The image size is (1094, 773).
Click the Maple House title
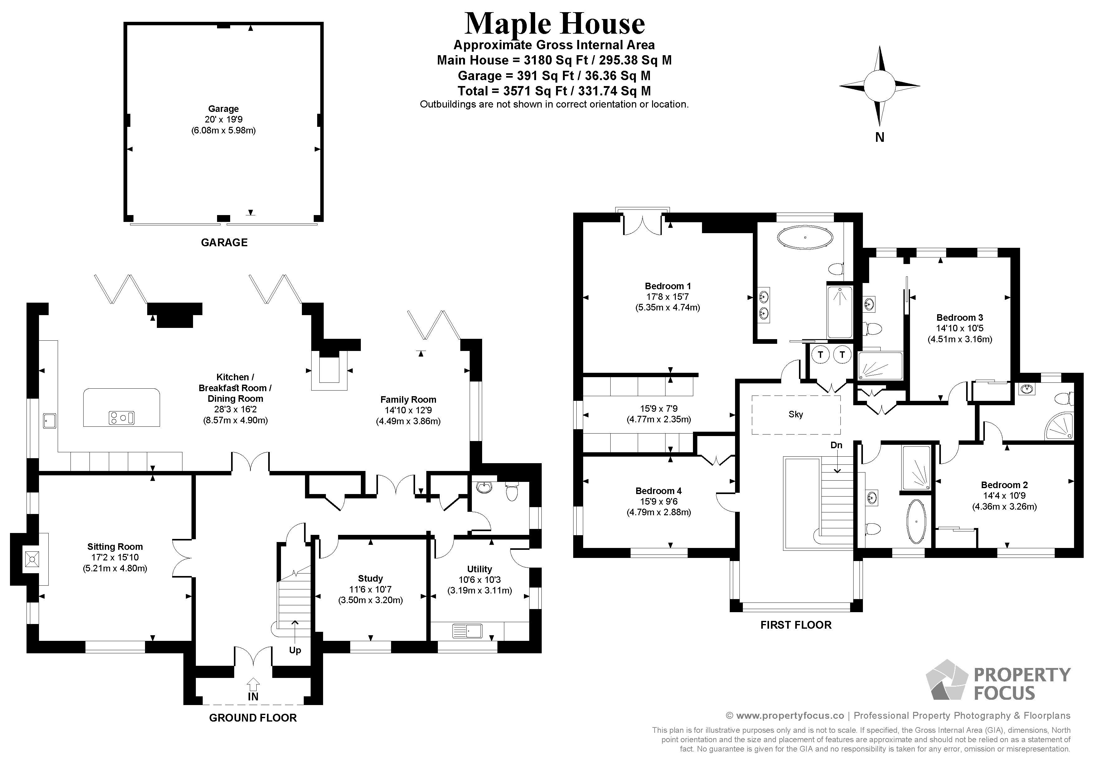[x=554, y=24]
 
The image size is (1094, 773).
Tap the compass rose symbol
[x=879, y=86]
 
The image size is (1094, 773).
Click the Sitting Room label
[x=115, y=547]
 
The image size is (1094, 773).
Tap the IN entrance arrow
[x=253, y=685]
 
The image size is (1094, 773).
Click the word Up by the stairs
[x=295, y=650]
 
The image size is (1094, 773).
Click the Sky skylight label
[x=795, y=414]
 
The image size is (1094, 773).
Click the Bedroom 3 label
[x=960, y=318]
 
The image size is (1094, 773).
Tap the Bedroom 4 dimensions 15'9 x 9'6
[x=659, y=502]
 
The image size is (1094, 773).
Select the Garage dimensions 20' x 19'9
[x=224, y=120]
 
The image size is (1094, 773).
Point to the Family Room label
[x=408, y=400]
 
